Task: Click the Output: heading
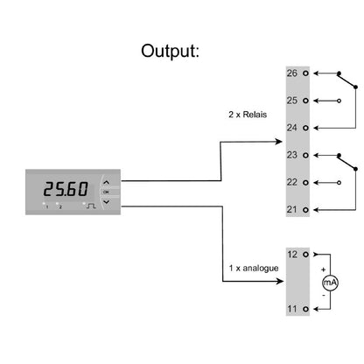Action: click(171, 50)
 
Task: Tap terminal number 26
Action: click(293, 73)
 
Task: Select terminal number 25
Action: click(293, 101)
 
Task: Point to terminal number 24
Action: click(293, 128)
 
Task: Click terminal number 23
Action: click(293, 155)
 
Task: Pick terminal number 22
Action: click(293, 182)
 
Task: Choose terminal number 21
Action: click(293, 209)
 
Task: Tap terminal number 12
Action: click(293, 255)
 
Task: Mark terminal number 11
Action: click(293, 309)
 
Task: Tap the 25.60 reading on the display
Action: click(66, 188)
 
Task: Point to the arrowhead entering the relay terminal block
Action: click(281, 142)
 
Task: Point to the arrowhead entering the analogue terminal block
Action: click(281, 282)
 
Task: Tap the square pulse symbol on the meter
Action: click(88, 206)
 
